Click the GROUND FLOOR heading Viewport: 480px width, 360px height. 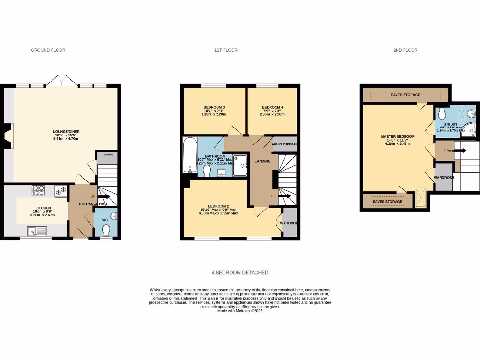(48, 50)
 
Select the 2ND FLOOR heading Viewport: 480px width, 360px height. (405, 50)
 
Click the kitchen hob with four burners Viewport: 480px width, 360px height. (38, 190)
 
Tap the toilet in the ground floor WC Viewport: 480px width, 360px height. (106, 231)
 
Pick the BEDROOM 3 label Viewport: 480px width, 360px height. (214, 107)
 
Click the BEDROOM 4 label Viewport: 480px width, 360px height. (272, 107)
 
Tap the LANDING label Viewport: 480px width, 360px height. (262, 161)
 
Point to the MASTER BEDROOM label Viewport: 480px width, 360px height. (397, 137)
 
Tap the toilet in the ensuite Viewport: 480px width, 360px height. (442, 115)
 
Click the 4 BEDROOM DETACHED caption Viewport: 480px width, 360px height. (240, 272)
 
